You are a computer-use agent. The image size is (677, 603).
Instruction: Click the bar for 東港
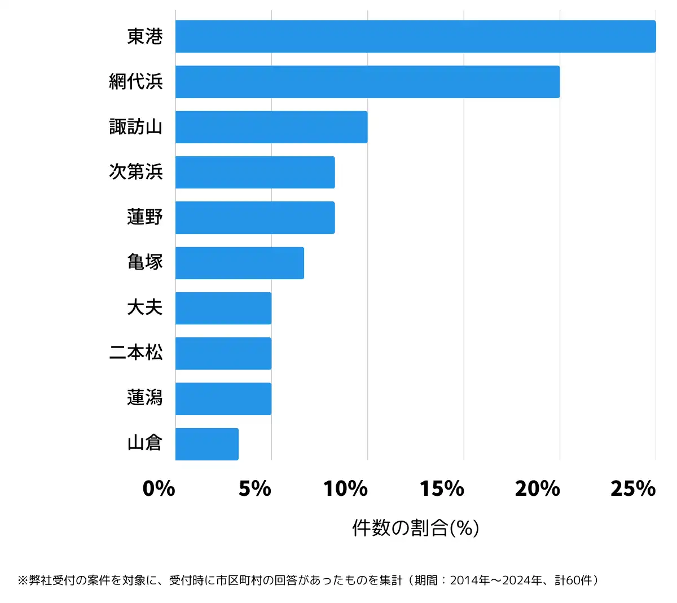click(x=415, y=37)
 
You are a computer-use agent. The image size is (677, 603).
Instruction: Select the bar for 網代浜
click(x=367, y=82)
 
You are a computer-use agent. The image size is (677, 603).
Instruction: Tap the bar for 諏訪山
click(x=271, y=127)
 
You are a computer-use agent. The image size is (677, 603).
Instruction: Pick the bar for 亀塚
click(x=240, y=263)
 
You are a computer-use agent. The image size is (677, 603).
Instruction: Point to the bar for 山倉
click(x=207, y=444)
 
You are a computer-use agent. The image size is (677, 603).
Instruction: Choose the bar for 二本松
click(x=223, y=354)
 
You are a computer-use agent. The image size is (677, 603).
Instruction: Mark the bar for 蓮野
click(x=255, y=218)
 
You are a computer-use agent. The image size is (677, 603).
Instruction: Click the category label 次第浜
click(x=136, y=171)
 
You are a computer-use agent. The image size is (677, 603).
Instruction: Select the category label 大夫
click(x=145, y=307)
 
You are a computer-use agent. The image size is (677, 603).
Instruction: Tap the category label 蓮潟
click(x=145, y=398)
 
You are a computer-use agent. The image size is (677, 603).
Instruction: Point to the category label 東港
click(x=145, y=37)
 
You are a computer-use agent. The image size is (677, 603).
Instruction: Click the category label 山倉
click(x=145, y=443)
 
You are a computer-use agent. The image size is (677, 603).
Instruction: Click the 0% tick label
click(x=159, y=488)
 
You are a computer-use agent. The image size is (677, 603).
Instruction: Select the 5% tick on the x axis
click(x=255, y=488)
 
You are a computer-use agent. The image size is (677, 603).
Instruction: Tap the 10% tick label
click(x=346, y=488)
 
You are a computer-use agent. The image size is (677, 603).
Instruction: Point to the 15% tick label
click(x=442, y=488)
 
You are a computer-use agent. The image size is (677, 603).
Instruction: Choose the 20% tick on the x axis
click(x=538, y=488)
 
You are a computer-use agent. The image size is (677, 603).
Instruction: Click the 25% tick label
click(x=633, y=488)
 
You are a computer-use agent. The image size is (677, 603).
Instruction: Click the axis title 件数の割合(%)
click(x=416, y=528)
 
